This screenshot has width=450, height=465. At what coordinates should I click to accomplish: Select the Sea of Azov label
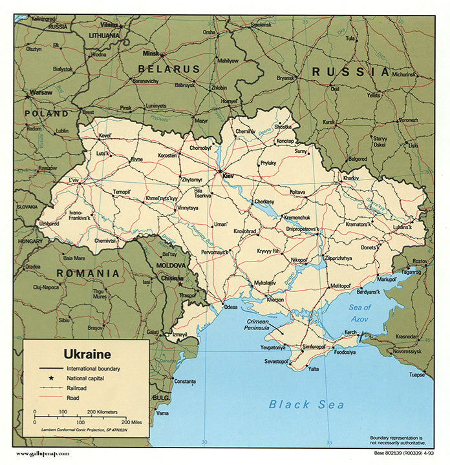(x=359, y=313)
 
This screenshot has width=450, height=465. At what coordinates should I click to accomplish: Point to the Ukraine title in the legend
(x=87, y=354)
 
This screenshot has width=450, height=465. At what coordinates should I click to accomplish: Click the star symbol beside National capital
(x=50, y=377)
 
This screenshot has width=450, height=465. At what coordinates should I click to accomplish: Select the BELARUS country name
(x=169, y=68)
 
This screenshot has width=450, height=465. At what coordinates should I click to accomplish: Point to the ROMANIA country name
(x=88, y=273)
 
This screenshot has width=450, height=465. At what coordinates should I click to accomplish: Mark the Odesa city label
(x=231, y=307)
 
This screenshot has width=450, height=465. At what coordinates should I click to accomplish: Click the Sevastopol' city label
(x=275, y=361)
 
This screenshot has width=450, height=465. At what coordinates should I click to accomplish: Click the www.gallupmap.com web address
(x=42, y=453)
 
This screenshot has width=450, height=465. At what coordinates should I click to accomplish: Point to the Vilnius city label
(x=109, y=25)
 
